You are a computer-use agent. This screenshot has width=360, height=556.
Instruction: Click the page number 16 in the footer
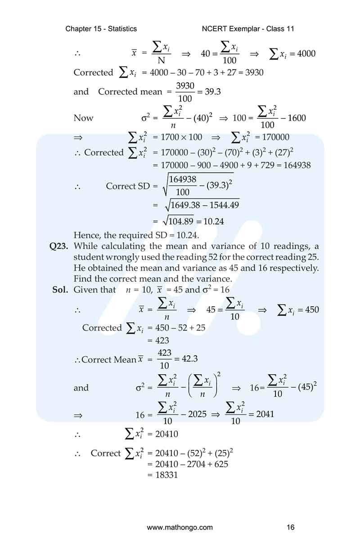click(x=291, y=527)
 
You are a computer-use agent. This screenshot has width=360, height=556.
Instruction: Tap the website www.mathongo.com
click(x=180, y=527)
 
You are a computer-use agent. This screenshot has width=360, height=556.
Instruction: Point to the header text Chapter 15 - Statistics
click(x=101, y=29)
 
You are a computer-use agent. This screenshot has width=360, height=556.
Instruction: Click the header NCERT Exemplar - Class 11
click(x=248, y=29)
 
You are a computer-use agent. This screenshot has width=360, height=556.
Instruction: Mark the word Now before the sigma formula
click(x=84, y=118)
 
